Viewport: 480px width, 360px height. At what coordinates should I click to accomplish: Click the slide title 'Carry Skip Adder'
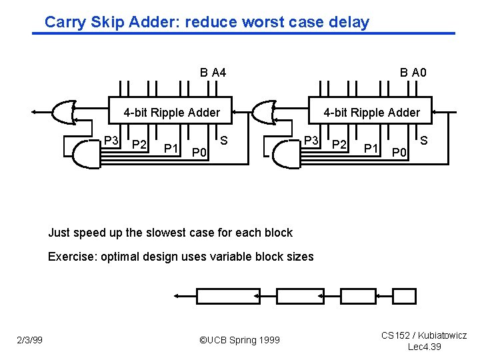click(207, 22)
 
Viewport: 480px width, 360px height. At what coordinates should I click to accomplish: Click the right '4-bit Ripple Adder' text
click(372, 113)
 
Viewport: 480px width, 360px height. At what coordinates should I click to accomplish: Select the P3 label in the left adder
click(111, 141)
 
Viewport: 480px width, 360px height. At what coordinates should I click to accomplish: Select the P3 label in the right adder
click(311, 141)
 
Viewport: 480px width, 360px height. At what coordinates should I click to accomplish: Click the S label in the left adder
click(224, 141)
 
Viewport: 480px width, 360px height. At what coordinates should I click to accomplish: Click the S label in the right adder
click(424, 141)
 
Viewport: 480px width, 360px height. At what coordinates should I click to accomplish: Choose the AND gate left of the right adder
click(285, 153)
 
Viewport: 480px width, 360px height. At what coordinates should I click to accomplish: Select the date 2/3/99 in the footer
click(29, 341)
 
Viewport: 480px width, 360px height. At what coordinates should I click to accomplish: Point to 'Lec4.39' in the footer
click(424, 347)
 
